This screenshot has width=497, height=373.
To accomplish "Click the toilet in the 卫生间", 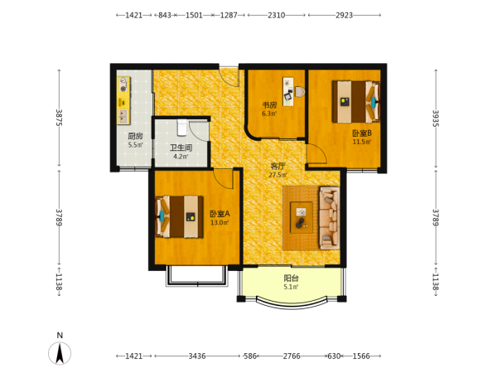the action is [181, 128].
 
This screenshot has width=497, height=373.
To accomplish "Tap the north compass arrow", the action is [60, 353].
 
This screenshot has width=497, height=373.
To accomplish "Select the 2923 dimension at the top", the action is [345, 15].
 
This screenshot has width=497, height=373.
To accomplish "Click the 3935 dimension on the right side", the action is [436, 119].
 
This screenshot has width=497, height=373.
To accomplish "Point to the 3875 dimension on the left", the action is [59, 118].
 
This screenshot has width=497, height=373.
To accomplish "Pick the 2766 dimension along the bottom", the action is [292, 356].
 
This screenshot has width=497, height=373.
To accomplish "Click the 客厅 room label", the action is [277, 166].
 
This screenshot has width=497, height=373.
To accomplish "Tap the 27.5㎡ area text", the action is [277, 175].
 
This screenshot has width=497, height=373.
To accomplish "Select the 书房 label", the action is [269, 105].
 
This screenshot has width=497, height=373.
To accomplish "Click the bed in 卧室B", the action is [356, 102].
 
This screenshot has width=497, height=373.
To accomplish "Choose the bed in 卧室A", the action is [179, 216].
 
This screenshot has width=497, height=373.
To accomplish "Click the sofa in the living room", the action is [329, 218].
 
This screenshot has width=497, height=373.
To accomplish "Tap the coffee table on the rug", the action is [302, 217].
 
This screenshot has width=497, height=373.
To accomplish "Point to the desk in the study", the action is [287, 91].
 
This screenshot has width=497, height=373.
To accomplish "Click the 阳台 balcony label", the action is [291, 279].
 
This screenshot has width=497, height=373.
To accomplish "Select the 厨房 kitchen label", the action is [135, 137].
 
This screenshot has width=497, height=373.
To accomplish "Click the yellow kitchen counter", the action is [123, 100].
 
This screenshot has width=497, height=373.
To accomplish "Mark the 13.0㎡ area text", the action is [220, 223].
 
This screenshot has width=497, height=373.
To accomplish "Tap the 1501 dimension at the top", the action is [194, 15].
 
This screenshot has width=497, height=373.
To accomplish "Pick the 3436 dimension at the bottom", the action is [197, 356].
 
